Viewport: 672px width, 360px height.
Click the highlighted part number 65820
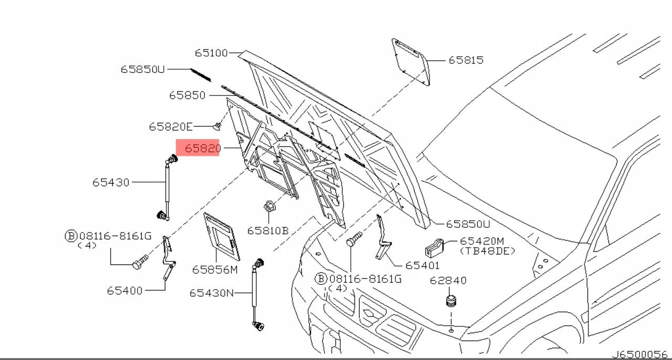click(202, 149)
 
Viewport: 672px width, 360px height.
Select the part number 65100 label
click(211, 53)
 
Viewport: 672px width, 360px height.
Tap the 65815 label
click(466, 60)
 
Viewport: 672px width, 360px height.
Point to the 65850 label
click(187, 96)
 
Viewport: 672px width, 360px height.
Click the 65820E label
click(171, 126)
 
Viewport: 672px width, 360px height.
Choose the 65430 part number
click(111, 183)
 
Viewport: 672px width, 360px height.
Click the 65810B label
click(268, 230)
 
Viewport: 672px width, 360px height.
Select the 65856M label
click(215, 269)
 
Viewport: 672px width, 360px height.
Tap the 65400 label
click(125, 290)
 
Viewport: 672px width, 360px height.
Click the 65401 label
click(422, 266)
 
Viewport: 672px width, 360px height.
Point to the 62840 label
click(448, 281)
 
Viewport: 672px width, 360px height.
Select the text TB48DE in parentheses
click(488, 251)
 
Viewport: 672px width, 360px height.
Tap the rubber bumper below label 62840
click(450, 302)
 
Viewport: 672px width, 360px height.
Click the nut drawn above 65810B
click(268, 207)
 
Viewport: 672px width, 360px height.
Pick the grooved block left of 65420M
click(435, 249)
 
